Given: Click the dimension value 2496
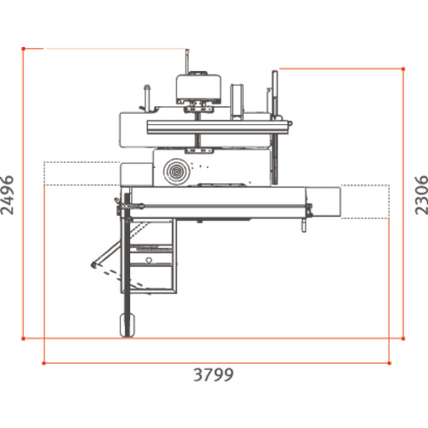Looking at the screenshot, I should click(x=10, y=193).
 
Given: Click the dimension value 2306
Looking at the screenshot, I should click(x=419, y=194).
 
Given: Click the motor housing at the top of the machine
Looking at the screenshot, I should click(x=199, y=86).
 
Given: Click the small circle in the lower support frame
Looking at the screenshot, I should click(x=150, y=257).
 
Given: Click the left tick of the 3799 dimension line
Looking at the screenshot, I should click(x=42, y=363).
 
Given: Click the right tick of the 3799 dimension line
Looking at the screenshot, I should click(x=391, y=363).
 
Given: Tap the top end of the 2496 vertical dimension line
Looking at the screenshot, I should click(x=23, y=49).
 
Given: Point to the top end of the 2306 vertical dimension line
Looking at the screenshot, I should click(x=403, y=67).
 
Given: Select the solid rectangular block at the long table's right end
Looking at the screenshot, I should click(x=330, y=200).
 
